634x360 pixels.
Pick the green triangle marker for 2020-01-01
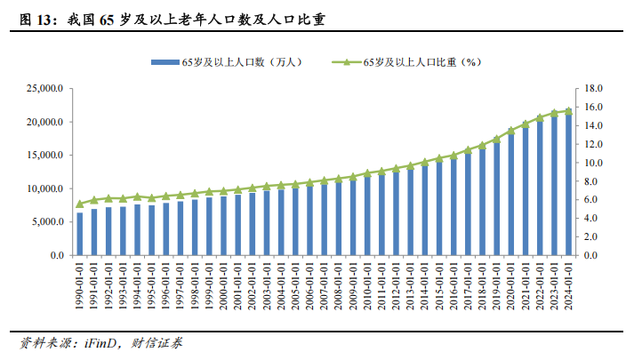coord(510,131)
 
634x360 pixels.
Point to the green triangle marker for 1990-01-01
coord(80,204)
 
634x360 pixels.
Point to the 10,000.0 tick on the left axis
coord(44,189)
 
